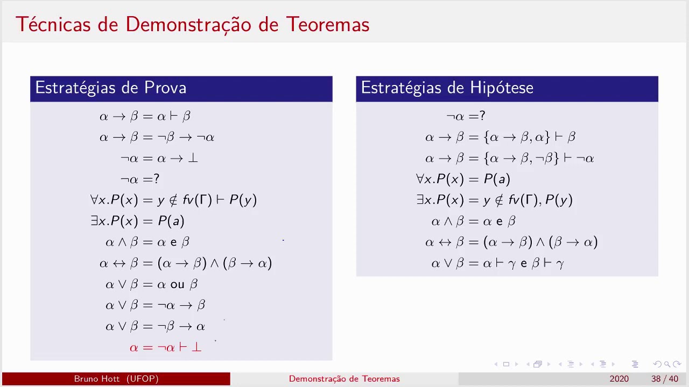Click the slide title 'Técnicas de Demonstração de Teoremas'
tap(192, 24)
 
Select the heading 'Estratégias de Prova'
tap(111, 88)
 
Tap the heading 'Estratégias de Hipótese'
tap(447, 88)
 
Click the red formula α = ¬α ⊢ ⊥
tap(166, 347)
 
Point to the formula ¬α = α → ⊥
tap(159, 158)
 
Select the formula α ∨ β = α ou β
tap(152, 284)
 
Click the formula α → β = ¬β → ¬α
tap(157, 137)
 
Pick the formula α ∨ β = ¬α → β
tap(156, 305)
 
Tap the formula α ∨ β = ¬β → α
tap(156, 326)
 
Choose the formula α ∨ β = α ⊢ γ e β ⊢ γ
tap(497, 263)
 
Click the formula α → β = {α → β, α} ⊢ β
tap(500, 137)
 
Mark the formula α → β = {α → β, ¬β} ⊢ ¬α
tap(509, 158)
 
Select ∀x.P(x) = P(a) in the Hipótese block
tap(463, 179)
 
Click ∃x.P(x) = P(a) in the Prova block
tap(138, 221)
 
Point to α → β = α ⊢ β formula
tap(145, 116)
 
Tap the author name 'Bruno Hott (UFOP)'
tap(116, 379)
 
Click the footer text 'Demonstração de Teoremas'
tap(344, 379)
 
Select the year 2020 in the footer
tap(619, 379)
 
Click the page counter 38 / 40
tap(664, 379)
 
